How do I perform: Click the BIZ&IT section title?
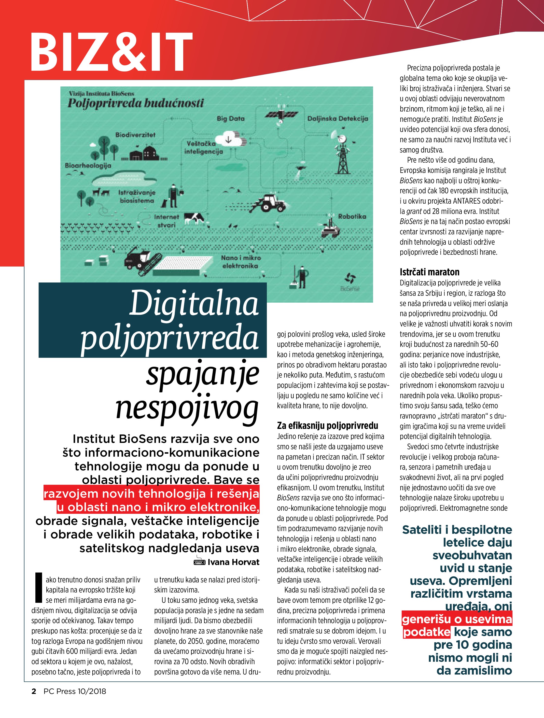pos(111,52)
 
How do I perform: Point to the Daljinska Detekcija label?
pos(337,118)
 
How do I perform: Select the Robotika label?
pos(352,216)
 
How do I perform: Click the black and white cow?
pos(194,218)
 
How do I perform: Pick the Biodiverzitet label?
pos(135,135)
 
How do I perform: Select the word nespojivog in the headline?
pos(187,408)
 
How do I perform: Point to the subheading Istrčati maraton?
pos(429,272)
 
